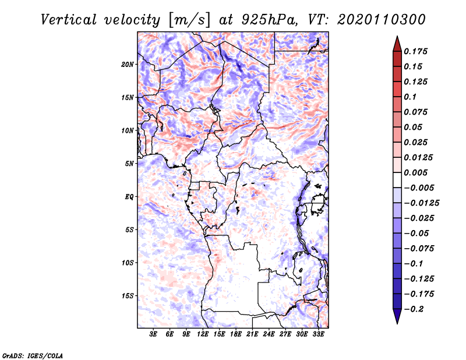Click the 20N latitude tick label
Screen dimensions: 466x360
(x=128, y=65)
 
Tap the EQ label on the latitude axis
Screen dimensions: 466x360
(x=129, y=197)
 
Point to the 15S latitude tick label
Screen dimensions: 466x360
(x=128, y=296)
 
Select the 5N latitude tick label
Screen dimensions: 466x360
(x=129, y=164)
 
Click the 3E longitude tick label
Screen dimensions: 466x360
(x=153, y=334)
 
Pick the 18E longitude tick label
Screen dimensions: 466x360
(x=236, y=334)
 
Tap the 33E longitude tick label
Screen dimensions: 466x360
(x=318, y=334)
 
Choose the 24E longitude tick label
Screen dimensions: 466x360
(x=269, y=334)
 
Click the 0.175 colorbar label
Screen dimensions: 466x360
(x=415, y=51)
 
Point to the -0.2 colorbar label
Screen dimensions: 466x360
(x=414, y=309)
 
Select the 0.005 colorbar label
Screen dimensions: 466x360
(x=415, y=172)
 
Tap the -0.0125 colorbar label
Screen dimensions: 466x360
(x=421, y=203)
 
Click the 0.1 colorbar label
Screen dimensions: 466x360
(x=410, y=97)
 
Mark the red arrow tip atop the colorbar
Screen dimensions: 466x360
(x=397, y=36)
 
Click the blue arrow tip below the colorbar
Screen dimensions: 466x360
(x=397, y=323)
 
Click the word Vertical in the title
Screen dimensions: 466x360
(x=69, y=20)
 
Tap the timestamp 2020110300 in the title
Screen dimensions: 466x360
(x=382, y=20)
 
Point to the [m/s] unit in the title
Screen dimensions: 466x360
(x=189, y=20)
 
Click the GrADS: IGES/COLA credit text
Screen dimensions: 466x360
(x=33, y=355)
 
